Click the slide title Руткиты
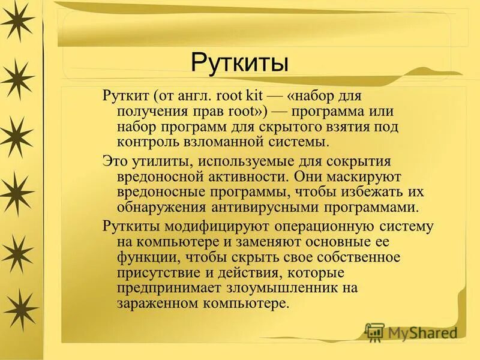coord(239,62)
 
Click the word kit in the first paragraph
coord(251,95)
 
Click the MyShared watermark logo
coord(412,332)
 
